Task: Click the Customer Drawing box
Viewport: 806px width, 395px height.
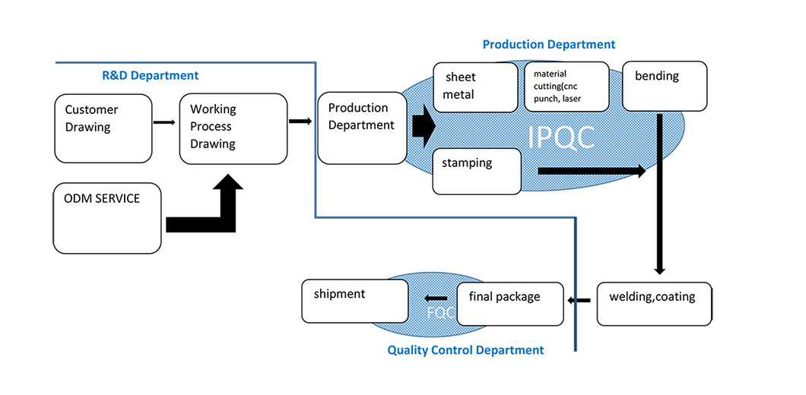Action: click(103, 128)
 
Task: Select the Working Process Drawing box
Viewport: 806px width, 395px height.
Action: click(233, 128)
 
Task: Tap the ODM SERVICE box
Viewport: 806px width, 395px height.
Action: click(107, 217)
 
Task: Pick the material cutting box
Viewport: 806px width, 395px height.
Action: click(566, 87)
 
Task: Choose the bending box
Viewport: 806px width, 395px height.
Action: click(664, 85)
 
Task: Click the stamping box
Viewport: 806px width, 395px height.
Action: click(477, 170)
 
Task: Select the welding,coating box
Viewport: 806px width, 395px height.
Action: click(654, 304)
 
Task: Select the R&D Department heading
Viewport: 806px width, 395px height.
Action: click(151, 75)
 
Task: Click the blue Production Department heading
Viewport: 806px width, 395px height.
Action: click(549, 45)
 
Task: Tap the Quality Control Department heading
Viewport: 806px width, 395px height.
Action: click(465, 350)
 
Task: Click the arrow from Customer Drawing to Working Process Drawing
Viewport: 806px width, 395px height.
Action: click(164, 122)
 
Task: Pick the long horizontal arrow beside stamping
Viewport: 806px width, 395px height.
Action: click(592, 171)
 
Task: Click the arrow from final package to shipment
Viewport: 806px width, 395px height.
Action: click(436, 298)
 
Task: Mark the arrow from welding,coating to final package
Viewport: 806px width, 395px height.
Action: click(579, 302)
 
